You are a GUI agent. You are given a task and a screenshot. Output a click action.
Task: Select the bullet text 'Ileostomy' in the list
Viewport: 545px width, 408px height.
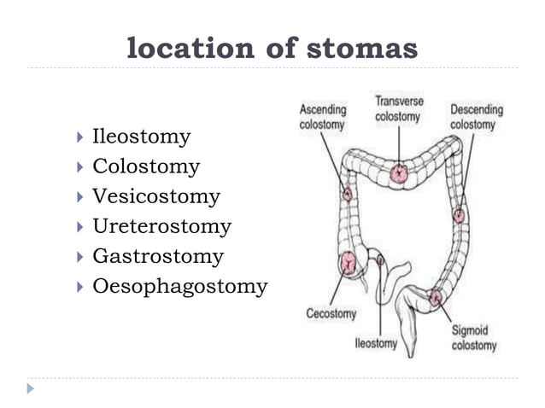[141, 137]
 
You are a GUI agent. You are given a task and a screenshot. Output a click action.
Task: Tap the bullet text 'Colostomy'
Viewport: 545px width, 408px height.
[146, 166]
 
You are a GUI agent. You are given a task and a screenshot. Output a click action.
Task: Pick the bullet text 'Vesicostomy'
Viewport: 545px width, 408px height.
[155, 196]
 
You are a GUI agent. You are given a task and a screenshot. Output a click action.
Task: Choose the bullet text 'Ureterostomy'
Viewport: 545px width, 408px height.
[161, 226]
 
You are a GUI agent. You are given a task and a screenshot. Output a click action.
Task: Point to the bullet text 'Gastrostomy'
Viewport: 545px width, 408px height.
[158, 256]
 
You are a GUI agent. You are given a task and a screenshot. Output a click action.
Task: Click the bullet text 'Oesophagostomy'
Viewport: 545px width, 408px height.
[179, 286]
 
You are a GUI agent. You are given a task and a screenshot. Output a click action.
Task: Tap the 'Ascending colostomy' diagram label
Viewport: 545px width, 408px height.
[322, 116]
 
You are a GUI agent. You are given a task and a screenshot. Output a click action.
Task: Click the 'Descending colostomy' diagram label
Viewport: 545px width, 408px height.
[475, 117]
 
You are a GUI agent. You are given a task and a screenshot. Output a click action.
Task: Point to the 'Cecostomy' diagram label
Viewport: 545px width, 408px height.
[331, 313]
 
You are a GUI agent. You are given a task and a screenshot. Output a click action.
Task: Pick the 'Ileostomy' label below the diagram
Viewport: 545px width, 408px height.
[377, 344]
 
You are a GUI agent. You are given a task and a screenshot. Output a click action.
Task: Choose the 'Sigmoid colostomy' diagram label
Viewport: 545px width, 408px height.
[474, 337]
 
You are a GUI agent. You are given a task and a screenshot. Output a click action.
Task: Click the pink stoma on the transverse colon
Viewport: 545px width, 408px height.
[399, 174]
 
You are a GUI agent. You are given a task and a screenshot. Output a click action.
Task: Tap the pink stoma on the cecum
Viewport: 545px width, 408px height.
[349, 262]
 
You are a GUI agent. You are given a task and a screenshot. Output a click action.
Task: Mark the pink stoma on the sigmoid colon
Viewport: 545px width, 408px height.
[437, 298]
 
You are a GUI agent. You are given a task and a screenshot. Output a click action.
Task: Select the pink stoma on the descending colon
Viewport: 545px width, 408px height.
[459, 215]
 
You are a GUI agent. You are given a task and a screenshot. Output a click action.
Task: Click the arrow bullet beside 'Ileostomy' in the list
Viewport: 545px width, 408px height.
[79, 137]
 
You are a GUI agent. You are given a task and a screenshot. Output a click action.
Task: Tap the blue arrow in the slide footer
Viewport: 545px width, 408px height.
[31, 388]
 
